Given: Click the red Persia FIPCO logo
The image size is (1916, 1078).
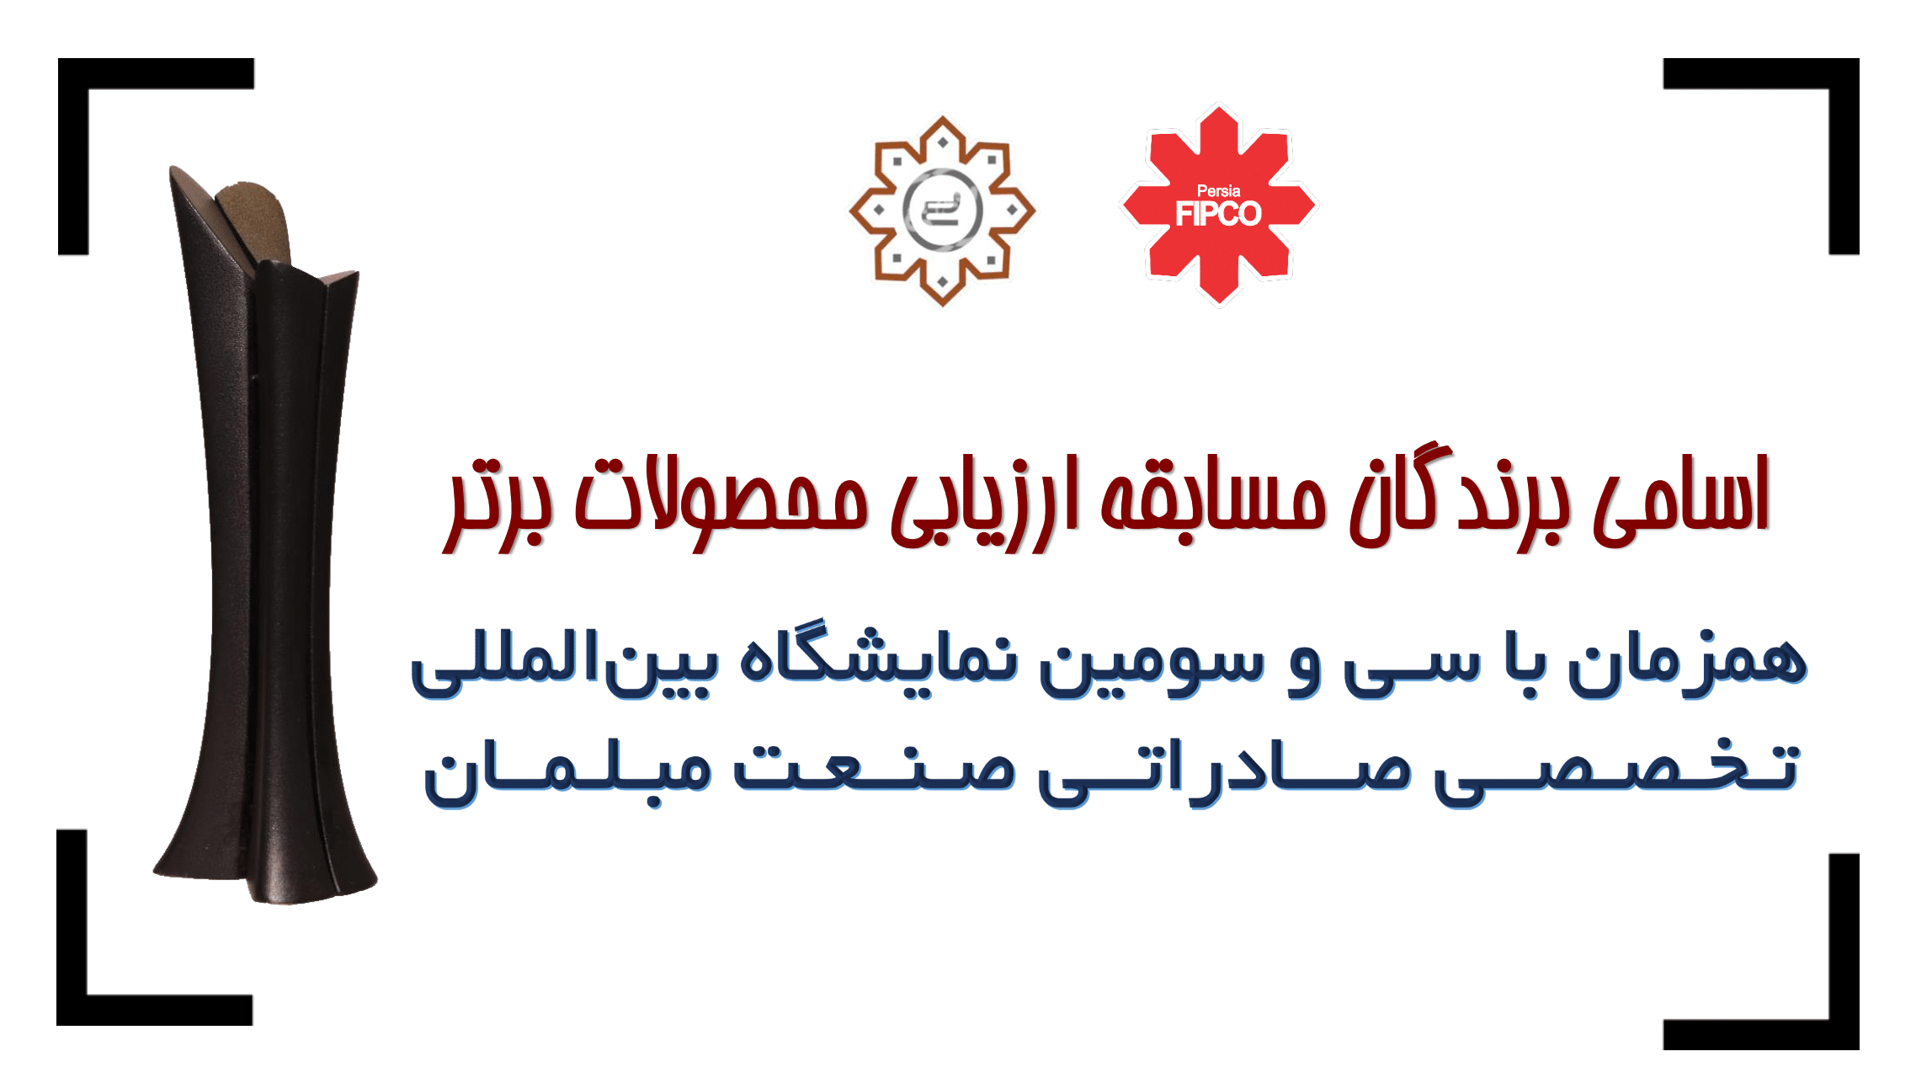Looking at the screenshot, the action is [1218, 205].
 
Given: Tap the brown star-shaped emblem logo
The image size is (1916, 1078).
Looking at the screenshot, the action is [942, 211].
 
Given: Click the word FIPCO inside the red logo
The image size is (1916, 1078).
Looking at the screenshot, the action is [1218, 215].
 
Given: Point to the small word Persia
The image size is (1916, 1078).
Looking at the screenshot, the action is [1218, 191].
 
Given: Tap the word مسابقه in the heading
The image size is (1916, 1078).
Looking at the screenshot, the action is [1213, 498].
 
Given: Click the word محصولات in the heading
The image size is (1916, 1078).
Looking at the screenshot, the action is [721, 502].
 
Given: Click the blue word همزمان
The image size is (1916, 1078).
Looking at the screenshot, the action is [1687, 664].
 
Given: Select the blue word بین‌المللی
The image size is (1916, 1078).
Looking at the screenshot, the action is [564, 665].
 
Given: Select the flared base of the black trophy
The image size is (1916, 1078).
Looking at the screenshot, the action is [265, 851].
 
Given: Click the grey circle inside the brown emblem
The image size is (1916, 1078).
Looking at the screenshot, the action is [942, 210].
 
